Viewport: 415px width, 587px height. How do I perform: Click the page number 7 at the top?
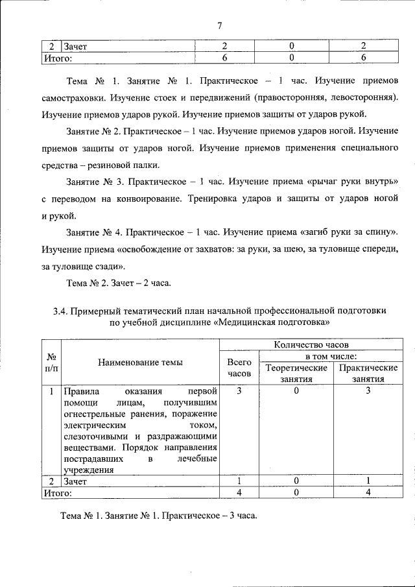point(220,26)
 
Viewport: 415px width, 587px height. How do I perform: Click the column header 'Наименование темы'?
point(140,363)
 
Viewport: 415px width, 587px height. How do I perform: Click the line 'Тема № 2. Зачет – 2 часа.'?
point(118,283)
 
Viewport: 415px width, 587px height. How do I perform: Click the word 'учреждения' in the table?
point(88,470)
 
